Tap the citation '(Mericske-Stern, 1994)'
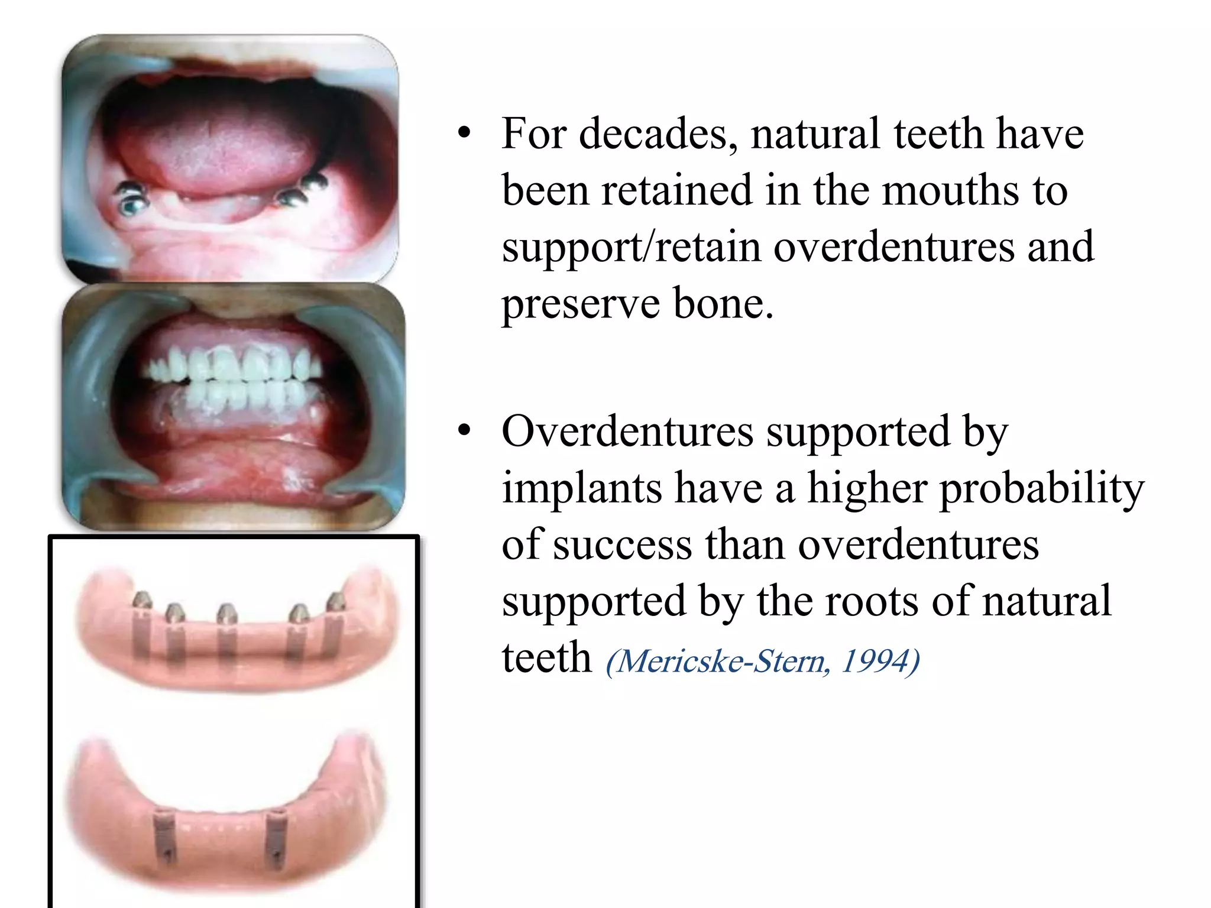(x=763, y=661)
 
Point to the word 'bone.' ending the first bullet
(x=723, y=304)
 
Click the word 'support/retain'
(x=631, y=247)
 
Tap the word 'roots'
(x=871, y=601)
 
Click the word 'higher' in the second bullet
(x=867, y=488)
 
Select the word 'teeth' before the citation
(x=546, y=657)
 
